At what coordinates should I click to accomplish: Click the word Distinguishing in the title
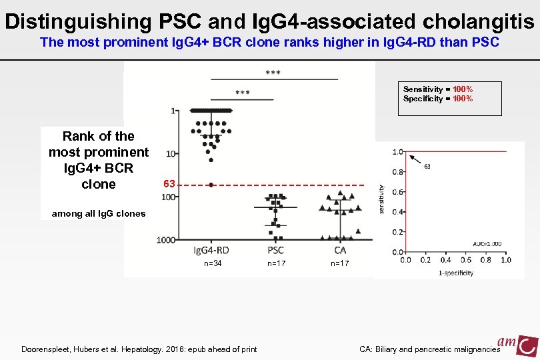pyautogui.click(x=78, y=21)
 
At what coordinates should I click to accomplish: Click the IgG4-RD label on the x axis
pyautogui.click(x=211, y=250)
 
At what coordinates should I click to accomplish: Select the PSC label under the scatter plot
pyautogui.click(x=275, y=250)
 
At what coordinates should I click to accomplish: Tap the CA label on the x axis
pyautogui.click(x=340, y=250)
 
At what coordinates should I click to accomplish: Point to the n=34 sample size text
pyautogui.click(x=213, y=264)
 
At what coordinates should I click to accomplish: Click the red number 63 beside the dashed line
pyautogui.click(x=169, y=183)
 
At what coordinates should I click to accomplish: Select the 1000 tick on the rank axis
pyautogui.click(x=167, y=239)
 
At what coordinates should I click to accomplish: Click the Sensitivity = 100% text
pyautogui.click(x=438, y=89)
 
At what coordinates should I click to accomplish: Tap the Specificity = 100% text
pyautogui.click(x=438, y=99)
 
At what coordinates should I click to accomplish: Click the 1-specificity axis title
pyautogui.click(x=456, y=273)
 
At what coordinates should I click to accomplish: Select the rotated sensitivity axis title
pyautogui.click(x=381, y=200)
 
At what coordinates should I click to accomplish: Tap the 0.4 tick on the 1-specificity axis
pyautogui.click(x=446, y=260)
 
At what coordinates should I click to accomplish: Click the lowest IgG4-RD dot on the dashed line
pyautogui.click(x=211, y=185)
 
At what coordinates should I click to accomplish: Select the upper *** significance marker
pyautogui.click(x=273, y=71)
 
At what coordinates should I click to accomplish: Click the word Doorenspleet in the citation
pyautogui.click(x=49, y=349)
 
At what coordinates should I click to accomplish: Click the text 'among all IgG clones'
pyautogui.click(x=93, y=213)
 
